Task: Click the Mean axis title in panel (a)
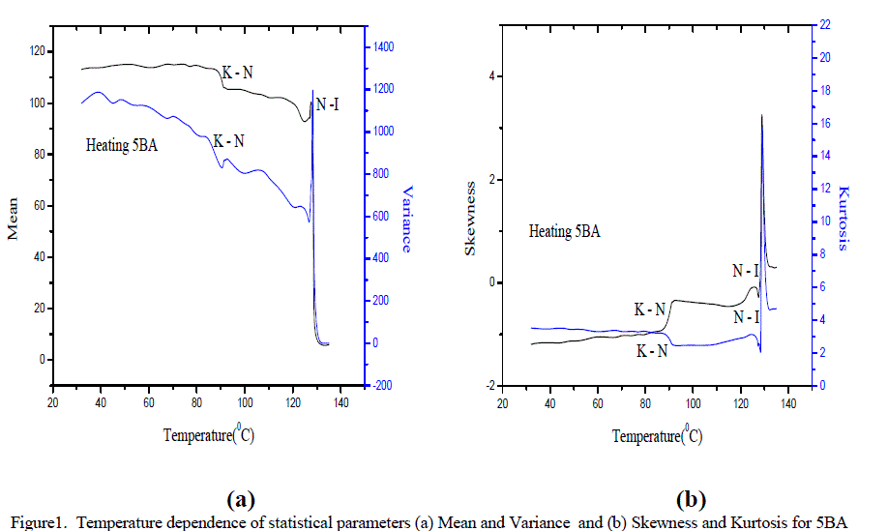14,223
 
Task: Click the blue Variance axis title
407,219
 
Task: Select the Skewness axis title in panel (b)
471,231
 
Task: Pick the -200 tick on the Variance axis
383,385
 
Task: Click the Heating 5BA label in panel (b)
565,232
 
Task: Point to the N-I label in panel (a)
327,103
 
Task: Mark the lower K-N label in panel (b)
651,352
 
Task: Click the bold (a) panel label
239,500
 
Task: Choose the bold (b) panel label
691,500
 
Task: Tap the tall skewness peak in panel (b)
762,117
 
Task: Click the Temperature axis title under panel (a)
209,435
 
